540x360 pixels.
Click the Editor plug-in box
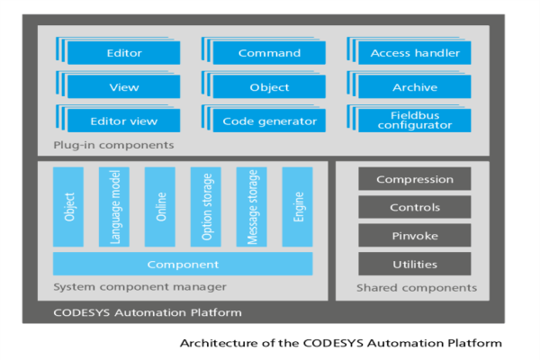click(x=124, y=53)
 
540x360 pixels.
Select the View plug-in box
click(x=124, y=87)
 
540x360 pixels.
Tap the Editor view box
click(x=124, y=121)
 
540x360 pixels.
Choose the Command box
click(x=269, y=53)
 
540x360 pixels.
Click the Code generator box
click(x=269, y=121)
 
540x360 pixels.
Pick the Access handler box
click(x=415, y=53)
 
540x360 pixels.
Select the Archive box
click(x=415, y=87)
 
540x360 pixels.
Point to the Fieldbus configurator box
click(x=415, y=120)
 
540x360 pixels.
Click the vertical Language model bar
click(x=114, y=206)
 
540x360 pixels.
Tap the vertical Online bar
click(x=159, y=206)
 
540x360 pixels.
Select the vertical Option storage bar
click(x=205, y=206)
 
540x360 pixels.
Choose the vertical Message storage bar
click(x=251, y=206)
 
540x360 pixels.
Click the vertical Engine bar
click(x=297, y=206)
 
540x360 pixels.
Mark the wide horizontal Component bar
click(x=183, y=264)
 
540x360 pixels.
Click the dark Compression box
click(x=414, y=179)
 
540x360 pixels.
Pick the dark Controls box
click(x=414, y=208)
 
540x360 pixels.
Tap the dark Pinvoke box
click(x=414, y=236)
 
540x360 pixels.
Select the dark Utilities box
click(x=414, y=265)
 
